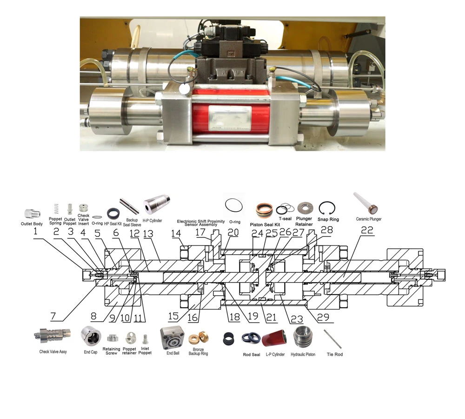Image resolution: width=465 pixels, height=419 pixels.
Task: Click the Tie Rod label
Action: tap(334, 354)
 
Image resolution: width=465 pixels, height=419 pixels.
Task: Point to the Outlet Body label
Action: tap(32, 224)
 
